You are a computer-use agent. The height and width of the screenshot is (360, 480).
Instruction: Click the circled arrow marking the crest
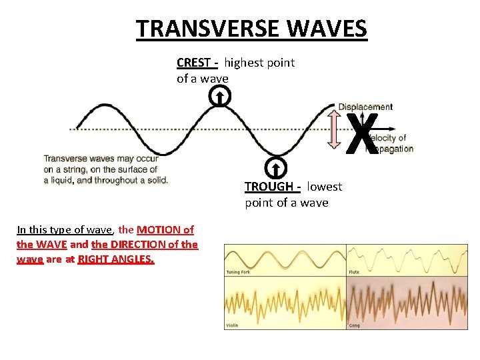tap(220, 97)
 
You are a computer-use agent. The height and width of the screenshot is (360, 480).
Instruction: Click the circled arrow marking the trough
tap(275, 167)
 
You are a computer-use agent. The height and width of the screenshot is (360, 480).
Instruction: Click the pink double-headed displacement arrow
tap(336, 128)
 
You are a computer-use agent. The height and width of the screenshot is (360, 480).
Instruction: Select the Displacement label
tap(365, 107)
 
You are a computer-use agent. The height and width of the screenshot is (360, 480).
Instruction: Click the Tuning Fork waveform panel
tap(285, 259)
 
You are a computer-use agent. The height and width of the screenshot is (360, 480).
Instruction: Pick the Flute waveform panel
tap(407, 259)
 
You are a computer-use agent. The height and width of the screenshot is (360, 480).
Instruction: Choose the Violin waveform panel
tap(285, 303)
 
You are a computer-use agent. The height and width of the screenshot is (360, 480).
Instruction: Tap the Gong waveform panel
tap(407, 303)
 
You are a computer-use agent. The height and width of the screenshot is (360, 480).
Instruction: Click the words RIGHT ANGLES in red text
tap(116, 259)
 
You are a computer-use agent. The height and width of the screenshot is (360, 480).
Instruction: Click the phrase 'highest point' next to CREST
tap(259, 63)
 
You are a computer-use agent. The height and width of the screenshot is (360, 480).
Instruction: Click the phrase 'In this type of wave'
tap(65, 229)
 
